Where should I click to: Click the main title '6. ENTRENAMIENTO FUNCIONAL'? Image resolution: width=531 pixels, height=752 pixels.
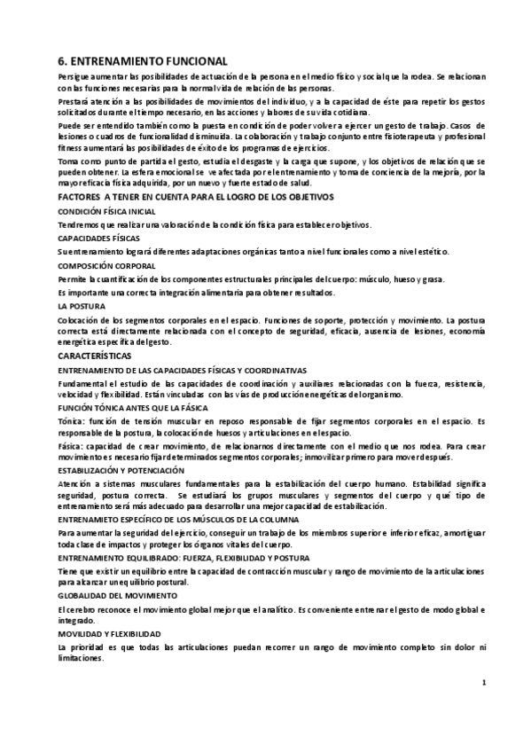point(143,61)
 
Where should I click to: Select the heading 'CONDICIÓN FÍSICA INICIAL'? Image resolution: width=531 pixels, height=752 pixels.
point(106,212)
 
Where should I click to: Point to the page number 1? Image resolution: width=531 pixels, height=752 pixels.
point(484,683)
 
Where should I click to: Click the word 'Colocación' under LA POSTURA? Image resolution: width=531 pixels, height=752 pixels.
point(79,318)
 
